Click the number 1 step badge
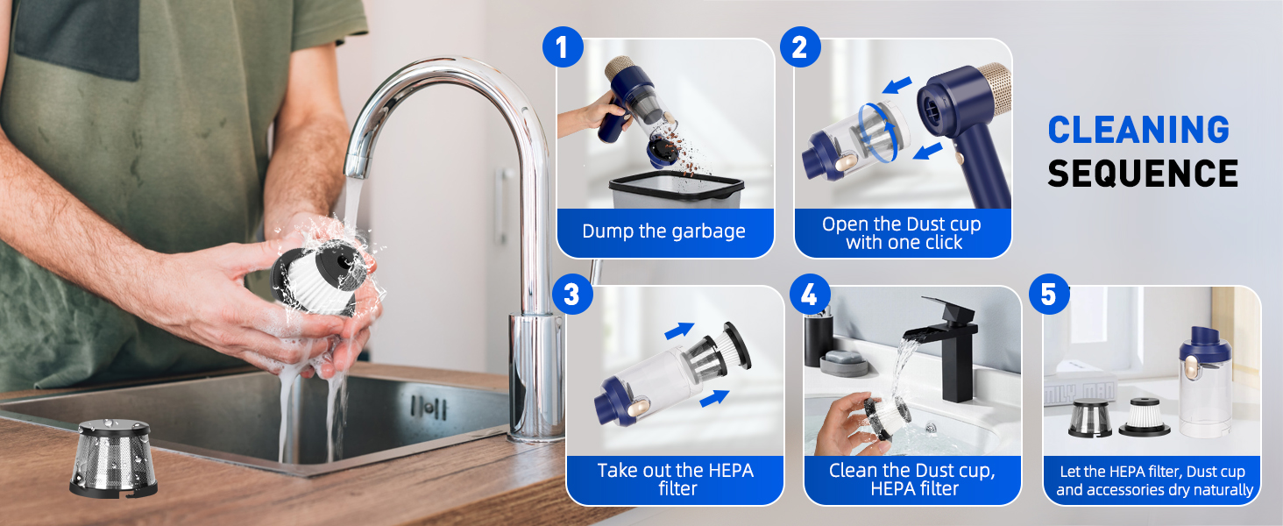click(x=563, y=47)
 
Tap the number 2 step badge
click(x=798, y=47)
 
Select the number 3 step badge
click(x=571, y=294)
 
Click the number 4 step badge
click(x=809, y=295)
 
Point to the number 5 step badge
click(x=1048, y=295)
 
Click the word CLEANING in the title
click(x=1138, y=130)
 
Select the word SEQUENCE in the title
click(x=1143, y=174)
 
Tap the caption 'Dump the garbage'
click(x=663, y=232)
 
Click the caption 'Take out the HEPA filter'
click(x=675, y=479)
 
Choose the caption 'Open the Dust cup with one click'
click(x=902, y=233)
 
